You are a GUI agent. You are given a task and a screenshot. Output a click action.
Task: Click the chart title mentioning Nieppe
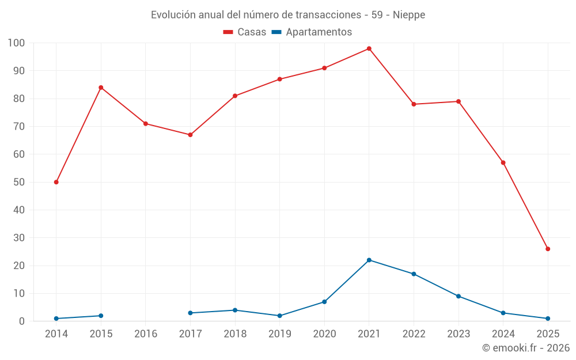tap(288, 15)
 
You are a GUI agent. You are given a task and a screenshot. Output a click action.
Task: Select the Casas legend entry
tap(245, 32)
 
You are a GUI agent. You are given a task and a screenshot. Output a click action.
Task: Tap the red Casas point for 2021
tap(369, 48)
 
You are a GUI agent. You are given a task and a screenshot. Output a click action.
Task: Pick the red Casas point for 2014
tap(56, 182)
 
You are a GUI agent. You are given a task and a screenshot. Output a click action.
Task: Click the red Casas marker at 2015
tap(101, 88)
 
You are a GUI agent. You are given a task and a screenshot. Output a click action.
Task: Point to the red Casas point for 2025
tap(548, 249)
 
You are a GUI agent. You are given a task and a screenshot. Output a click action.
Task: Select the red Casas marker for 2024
tap(503, 162)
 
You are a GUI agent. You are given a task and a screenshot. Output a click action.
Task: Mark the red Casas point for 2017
tap(190, 135)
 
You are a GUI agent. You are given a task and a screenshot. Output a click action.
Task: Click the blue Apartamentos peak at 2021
tap(369, 260)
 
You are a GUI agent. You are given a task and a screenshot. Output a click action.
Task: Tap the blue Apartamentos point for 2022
tap(414, 274)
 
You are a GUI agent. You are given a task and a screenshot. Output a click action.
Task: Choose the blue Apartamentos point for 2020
tap(324, 302)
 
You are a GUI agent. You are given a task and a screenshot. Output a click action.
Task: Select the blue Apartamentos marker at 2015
tap(101, 316)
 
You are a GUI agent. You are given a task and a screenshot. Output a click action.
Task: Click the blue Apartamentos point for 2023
tap(458, 296)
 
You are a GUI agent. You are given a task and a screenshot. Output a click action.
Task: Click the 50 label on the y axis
tap(19, 182)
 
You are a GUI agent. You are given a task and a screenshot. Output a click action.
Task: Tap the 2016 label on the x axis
tap(146, 334)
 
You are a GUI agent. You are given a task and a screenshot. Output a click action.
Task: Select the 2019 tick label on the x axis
tap(280, 334)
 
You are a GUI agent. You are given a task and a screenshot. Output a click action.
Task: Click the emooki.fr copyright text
tap(525, 348)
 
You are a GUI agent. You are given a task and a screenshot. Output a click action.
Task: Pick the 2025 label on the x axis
tap(548, 334)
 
